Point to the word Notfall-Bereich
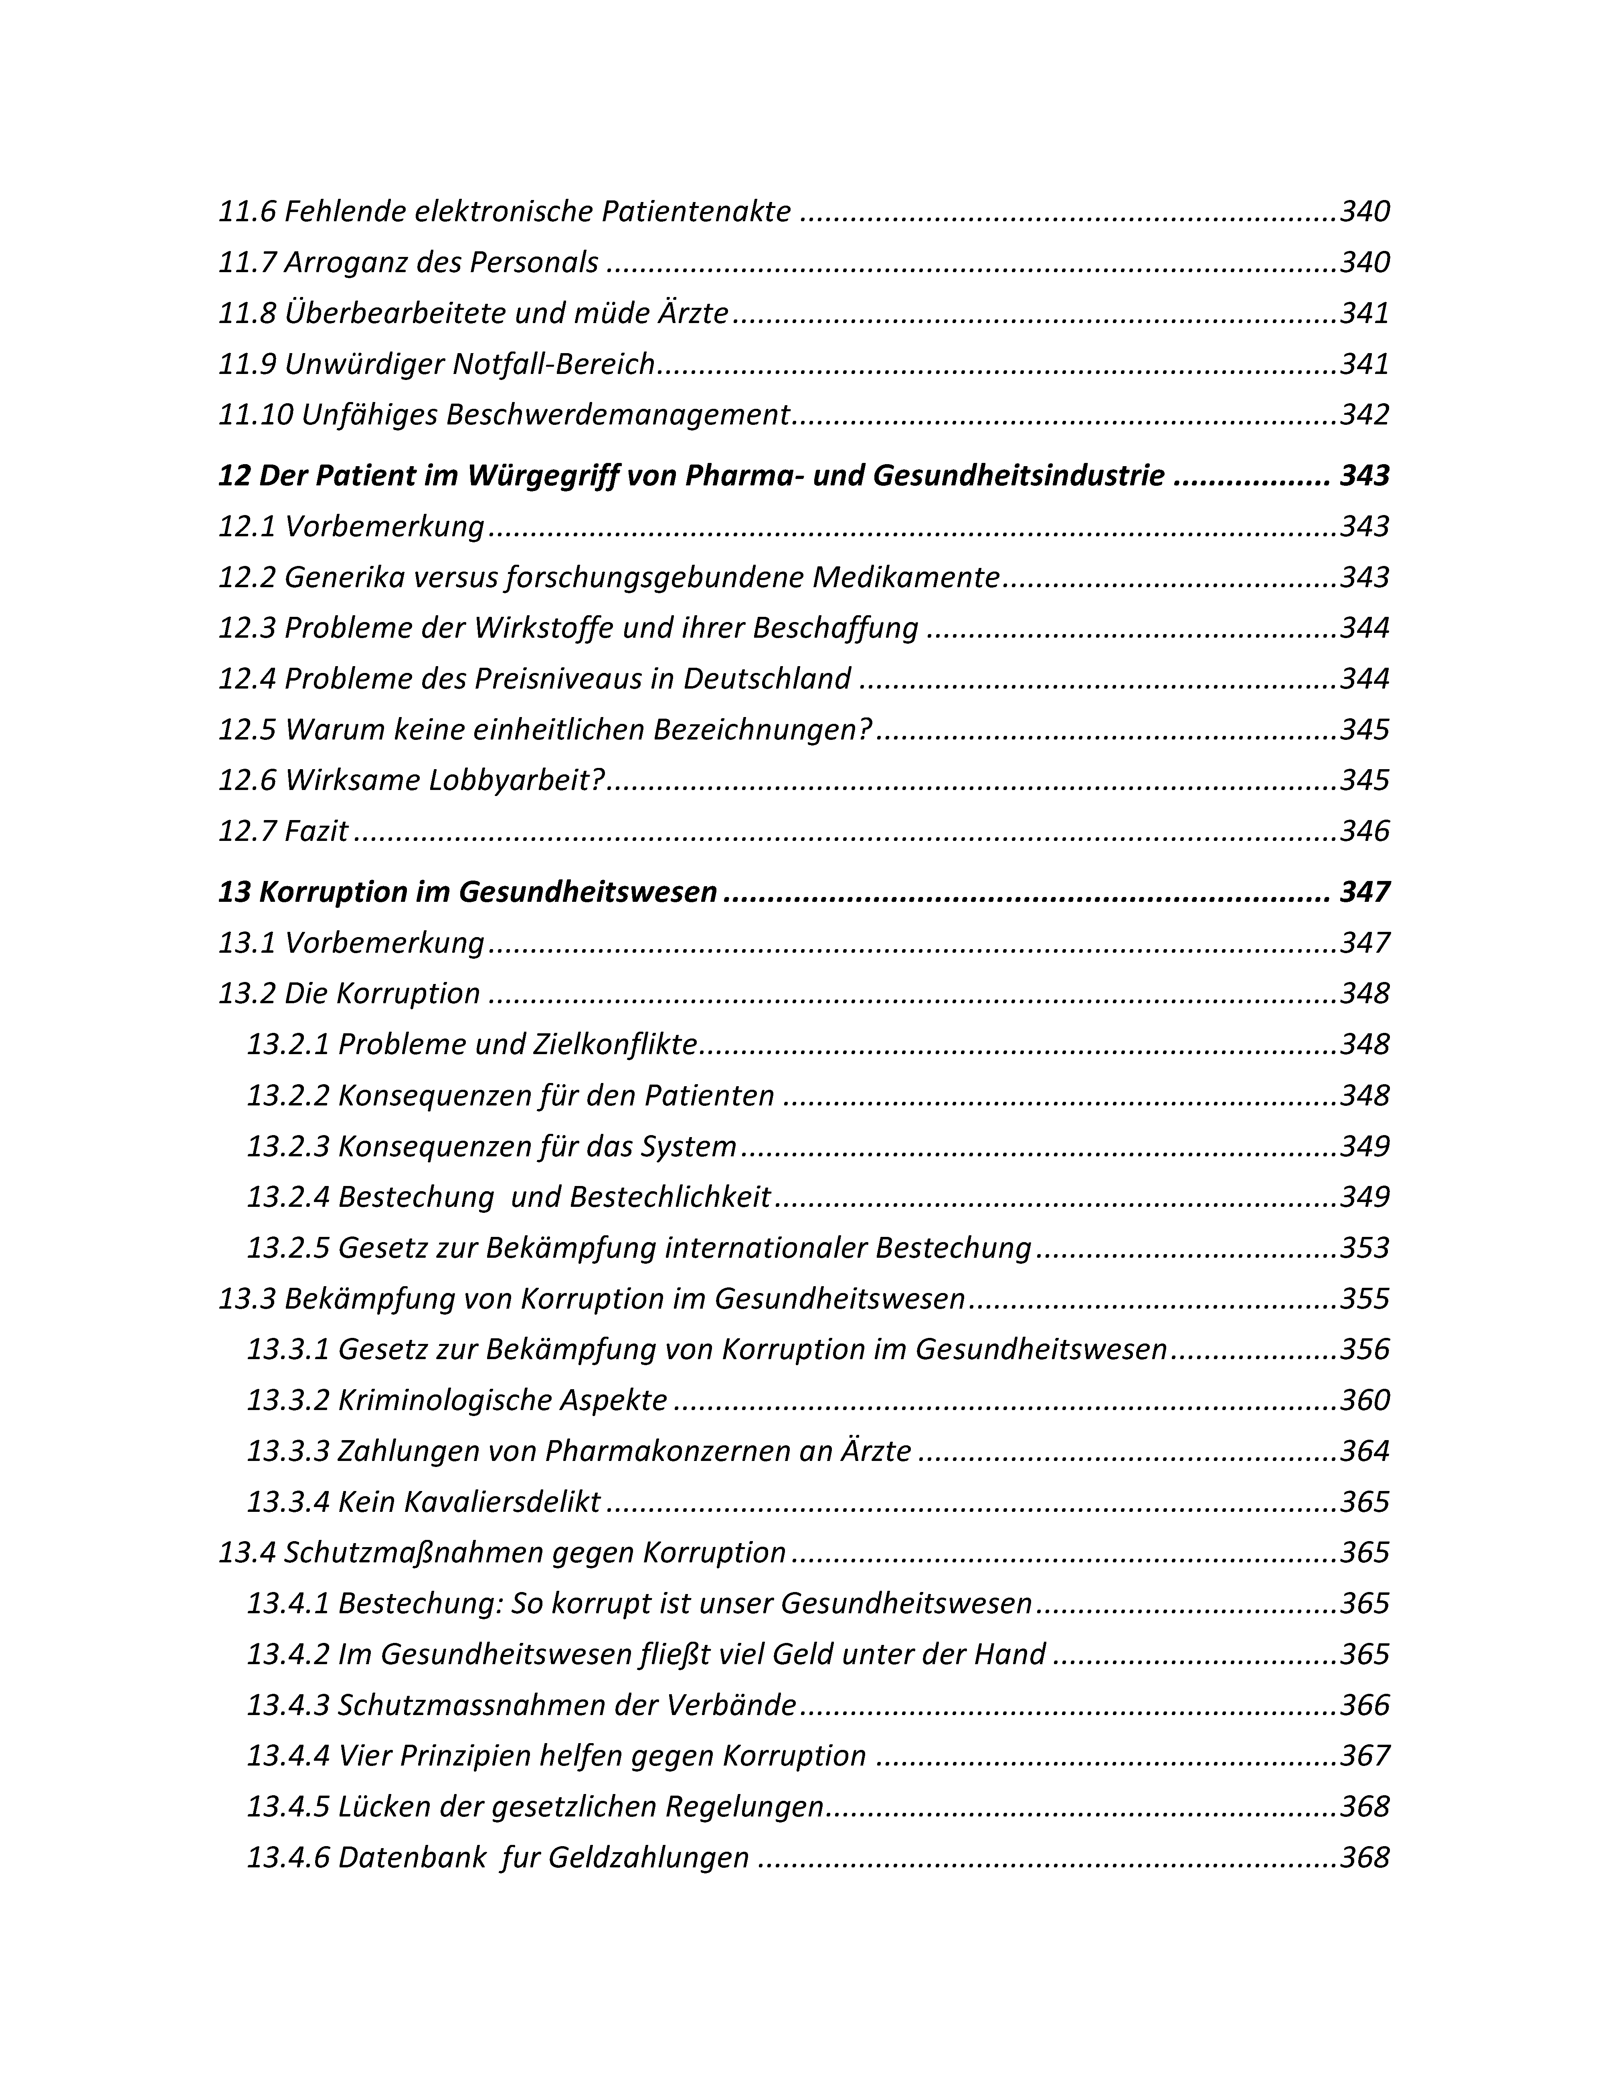[553, 364]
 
